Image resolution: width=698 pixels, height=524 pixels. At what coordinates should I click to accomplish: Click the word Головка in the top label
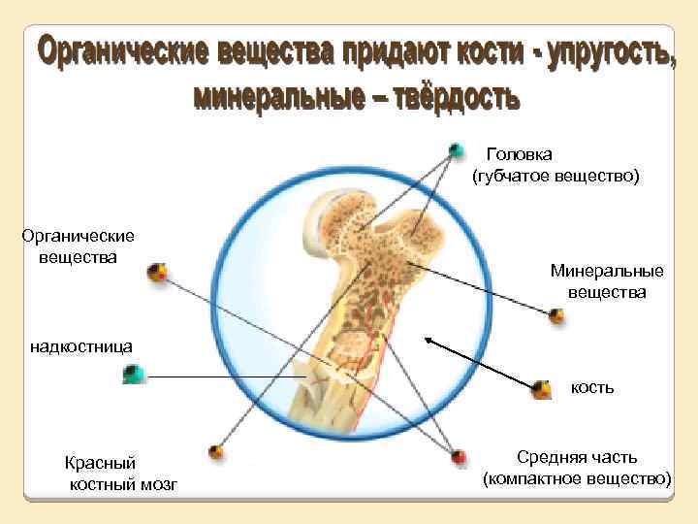click(520, 154)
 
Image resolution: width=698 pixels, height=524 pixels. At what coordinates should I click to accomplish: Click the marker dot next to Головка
click(456, 150)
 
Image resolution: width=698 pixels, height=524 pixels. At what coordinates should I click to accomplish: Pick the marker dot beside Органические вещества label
click(156, 273)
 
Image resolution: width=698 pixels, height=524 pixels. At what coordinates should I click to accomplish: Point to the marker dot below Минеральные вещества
click(556, 315)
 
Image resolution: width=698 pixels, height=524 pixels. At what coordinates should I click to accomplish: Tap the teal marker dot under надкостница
click(135, 374)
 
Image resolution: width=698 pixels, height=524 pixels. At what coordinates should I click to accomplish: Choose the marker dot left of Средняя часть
click(460, 455)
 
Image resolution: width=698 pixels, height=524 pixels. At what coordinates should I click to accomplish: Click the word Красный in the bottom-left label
click(101, 464)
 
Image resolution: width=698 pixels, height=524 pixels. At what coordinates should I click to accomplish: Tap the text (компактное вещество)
click(577, 478)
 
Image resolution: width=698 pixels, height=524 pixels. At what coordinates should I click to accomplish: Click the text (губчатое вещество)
click(556, 177)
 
